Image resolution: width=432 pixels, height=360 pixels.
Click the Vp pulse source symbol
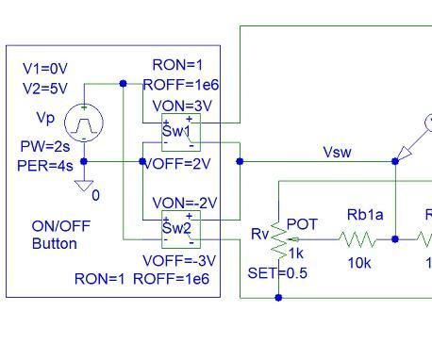84,123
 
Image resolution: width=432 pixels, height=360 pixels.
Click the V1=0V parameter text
45,69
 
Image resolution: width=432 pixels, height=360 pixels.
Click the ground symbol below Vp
85,185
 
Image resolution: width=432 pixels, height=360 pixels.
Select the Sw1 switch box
179,132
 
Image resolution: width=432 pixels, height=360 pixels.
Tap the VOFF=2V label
178,162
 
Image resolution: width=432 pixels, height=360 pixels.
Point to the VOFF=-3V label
178,260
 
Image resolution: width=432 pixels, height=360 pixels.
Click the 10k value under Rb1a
359,263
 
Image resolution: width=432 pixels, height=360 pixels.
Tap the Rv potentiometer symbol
279,239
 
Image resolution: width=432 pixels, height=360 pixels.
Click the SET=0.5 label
274,272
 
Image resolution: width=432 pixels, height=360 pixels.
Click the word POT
302,223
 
